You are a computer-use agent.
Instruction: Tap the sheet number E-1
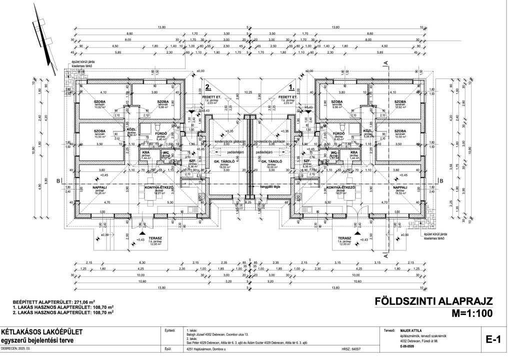(x=493, y=340)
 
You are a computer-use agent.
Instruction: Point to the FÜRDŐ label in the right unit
(x=338, y=134)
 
